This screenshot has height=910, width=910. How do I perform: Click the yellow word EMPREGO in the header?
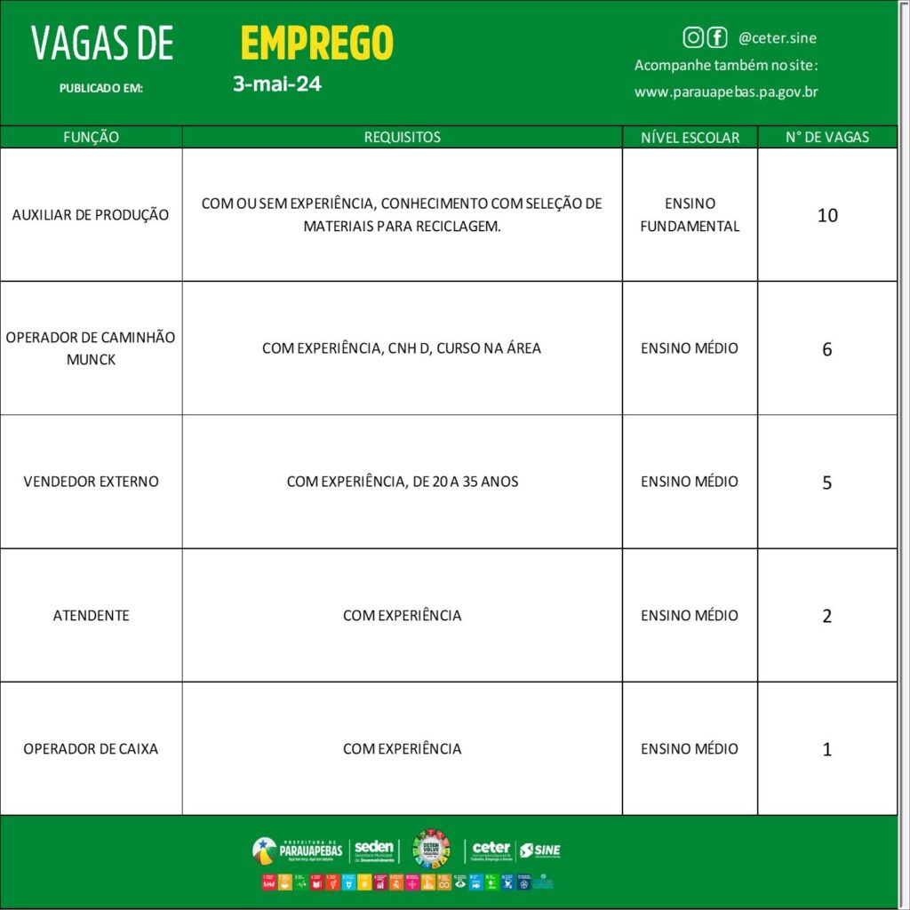click(x=316, y=43)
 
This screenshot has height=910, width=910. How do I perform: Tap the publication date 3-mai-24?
click(x=276, y=85)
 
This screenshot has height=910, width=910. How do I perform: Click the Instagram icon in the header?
click(x=693, y=37)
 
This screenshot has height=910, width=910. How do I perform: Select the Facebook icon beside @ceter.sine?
click(x=716, y=37)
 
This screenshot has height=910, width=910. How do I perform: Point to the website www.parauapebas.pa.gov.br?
click(x=726, y=92)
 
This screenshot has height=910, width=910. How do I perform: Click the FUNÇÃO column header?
click(x=91, y=137)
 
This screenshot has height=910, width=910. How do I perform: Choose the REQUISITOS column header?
click(x=402, y=137)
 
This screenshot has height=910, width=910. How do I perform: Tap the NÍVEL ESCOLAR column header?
click(x=690, y=137)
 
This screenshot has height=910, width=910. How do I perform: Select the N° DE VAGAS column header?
click(x=826, y=137)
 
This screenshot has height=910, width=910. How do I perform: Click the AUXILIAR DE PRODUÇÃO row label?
click(x=91, y=215)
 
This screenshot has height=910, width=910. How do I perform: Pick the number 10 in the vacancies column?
click(x=826, y=215)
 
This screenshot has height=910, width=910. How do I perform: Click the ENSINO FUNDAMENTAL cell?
click(x=690, y=215)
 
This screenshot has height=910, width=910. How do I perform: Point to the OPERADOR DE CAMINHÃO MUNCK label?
click(x=91, y=348)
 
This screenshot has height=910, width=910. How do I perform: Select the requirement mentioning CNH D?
click(x=402, y=348)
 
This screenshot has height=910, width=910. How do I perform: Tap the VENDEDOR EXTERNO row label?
click(x=91, y=482)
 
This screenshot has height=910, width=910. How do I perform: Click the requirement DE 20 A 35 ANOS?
click(x=402, y=482)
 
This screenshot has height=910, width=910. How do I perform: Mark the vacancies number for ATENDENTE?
click(x=826, y=616)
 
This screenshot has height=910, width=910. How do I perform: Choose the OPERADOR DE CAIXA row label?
click(x=91, y=748)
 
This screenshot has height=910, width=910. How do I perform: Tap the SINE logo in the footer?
click(x=540, y=850)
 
